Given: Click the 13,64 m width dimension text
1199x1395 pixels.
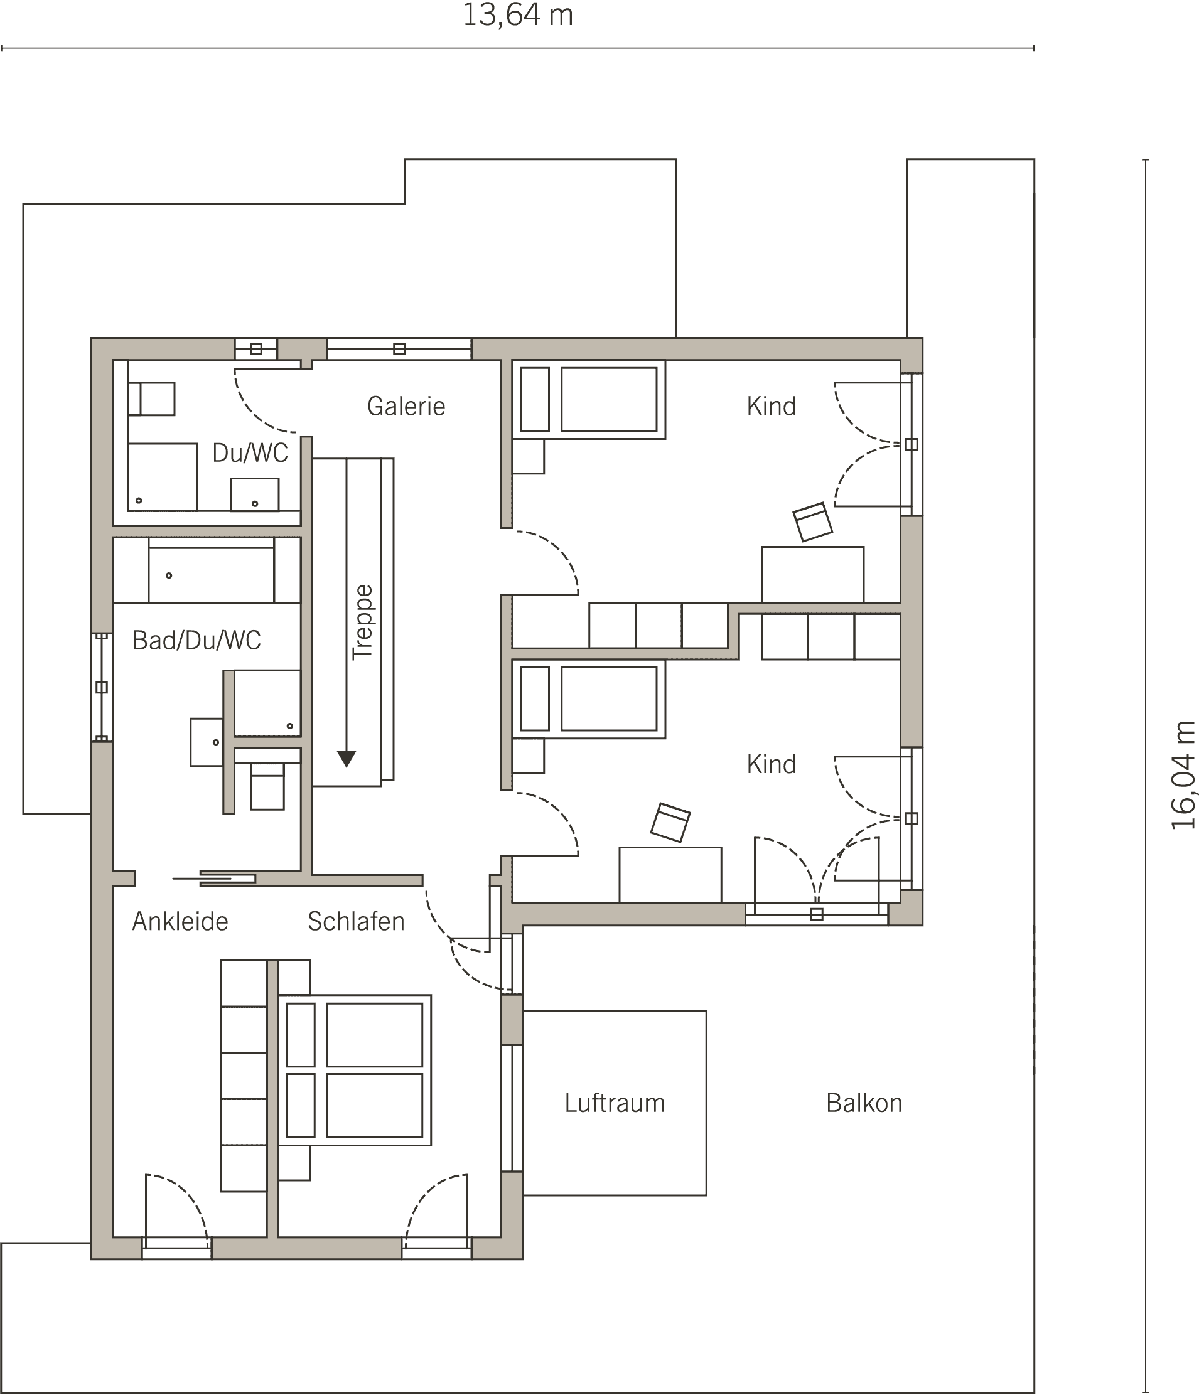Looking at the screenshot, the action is tap(517, 15).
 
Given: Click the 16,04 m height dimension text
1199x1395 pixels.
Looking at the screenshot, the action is tap(1182, 775).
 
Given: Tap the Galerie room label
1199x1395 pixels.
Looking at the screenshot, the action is tap(406, 406).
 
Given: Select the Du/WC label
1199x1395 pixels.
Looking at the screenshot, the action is tap(250, 453).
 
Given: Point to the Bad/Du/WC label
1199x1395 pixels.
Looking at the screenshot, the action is tap(196, 640).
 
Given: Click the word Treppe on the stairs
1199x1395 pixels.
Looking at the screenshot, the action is tap(362, 621).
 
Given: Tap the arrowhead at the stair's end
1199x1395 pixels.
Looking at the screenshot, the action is tap(347, 759).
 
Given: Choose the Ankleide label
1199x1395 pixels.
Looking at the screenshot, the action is tap(180, 921).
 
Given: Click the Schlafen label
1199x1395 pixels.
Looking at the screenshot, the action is tap(356, 921).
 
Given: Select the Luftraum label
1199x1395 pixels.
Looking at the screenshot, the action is tap(615, 1103).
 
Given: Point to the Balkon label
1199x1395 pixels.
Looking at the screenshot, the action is tap(864, 1103).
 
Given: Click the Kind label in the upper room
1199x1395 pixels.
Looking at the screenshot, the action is tap(772, 406).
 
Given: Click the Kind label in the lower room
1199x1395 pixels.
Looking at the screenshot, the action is tap(772, 764).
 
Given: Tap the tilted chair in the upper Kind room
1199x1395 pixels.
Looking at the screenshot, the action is tap(812, 521).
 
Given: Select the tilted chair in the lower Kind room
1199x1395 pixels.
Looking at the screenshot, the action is tap(670, 822).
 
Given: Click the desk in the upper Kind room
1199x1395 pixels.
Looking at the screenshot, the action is tap(812, 574).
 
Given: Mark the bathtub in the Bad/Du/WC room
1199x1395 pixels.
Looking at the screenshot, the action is tap(211, 570).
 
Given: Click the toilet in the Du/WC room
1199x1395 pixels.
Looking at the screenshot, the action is tap(151, 399).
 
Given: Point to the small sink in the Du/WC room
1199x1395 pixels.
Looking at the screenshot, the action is tap(255, 494).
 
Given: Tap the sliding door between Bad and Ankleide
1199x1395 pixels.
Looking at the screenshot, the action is tap(214, 878).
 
